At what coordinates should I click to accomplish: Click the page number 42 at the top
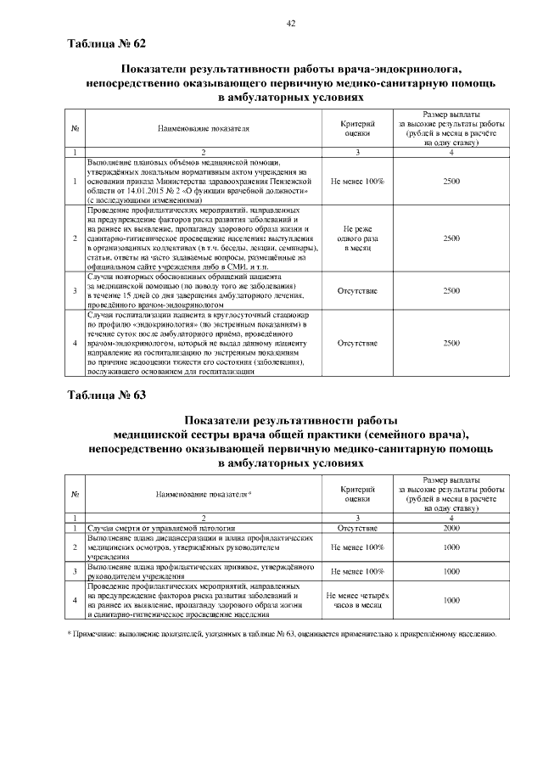point(290,23)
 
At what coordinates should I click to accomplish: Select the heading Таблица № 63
point(107,395)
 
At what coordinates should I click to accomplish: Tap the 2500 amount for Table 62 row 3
point(451,290)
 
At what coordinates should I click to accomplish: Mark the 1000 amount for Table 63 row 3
point(451,571)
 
